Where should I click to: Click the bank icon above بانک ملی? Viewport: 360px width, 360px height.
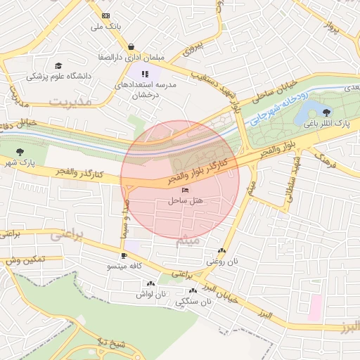pos(106,15)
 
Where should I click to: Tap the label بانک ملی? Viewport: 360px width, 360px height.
pos(106,27)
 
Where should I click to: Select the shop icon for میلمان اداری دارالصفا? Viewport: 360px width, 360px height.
pos(131,46)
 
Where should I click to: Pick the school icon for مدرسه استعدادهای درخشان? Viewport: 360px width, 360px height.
pos(145,74)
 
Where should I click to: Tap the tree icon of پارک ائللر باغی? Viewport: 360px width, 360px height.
pos(326,112)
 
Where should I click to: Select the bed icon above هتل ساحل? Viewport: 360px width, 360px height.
pos(185,190)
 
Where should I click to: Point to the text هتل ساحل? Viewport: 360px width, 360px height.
pos(185,200)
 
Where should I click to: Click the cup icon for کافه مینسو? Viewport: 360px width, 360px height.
pos(124,255)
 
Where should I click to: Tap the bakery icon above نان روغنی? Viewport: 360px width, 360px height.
pos(222,251)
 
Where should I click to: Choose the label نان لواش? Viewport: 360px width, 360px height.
pos(150,295)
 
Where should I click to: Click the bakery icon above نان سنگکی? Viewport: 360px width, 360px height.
pos(192,291)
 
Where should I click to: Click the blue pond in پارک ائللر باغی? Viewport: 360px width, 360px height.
pos(307,112)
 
